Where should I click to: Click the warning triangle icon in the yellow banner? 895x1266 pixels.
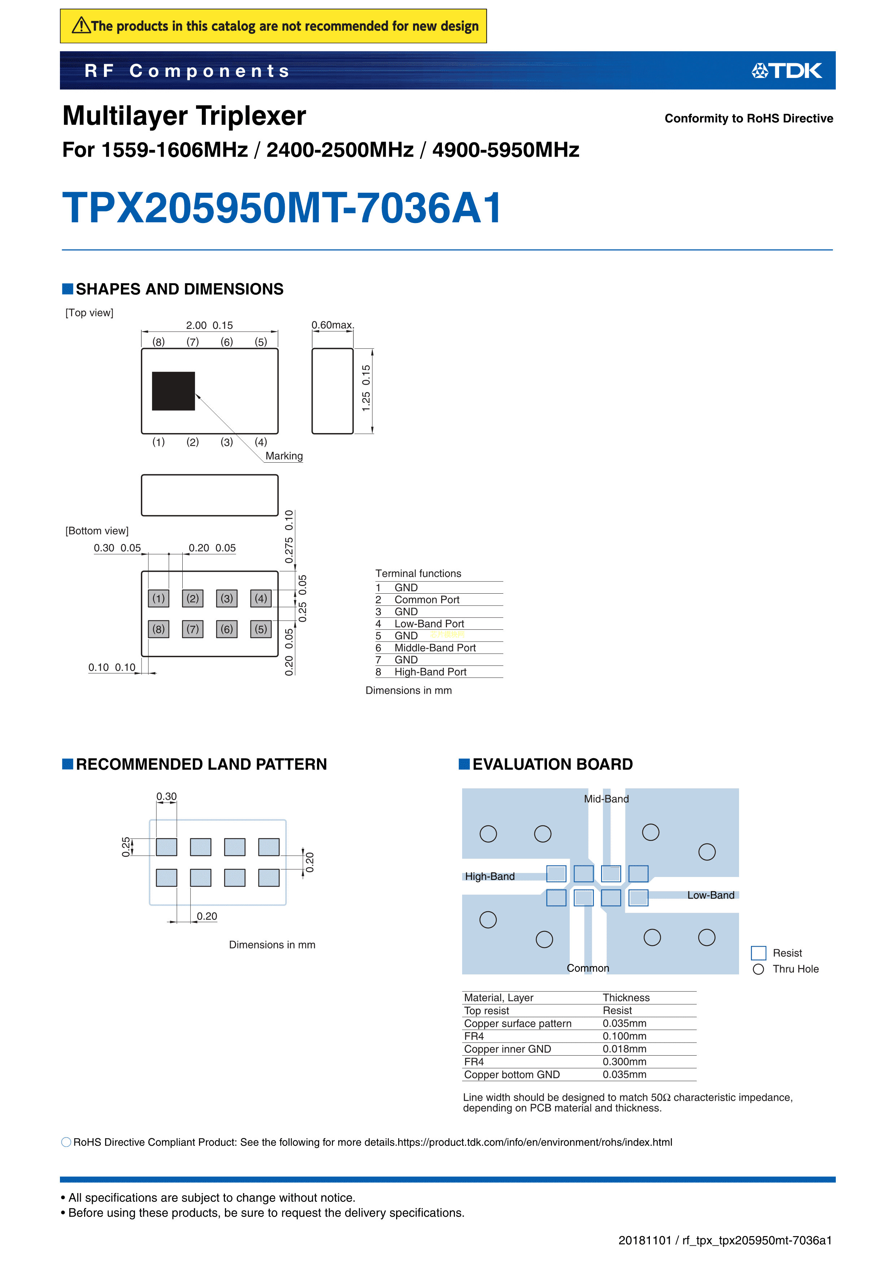pyautogui.click(x=81, y=25)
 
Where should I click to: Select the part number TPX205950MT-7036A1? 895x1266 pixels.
pyautogui.click(x=282, y=208)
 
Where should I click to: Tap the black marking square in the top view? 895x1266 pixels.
pyautogui.click(x=173, y=391)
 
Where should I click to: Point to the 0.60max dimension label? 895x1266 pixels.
pyautogui.click(x=332, y=325)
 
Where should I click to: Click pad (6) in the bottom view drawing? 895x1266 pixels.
pyautogui.click(x=227, y=629)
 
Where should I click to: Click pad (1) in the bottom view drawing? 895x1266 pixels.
pyautogui.click(x=158, y=598)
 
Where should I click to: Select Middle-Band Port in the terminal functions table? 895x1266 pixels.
pyautogui.click(x=435, y=648)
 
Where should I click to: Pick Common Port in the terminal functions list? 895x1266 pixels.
pyautogui.click(x=427, y=600)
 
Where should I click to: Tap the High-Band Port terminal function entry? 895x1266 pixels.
pyautogui.click(x=430, y=672)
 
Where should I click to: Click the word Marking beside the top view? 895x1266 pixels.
pyautogui.click(x=284, y=456)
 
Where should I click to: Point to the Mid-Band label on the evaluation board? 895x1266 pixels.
pyautogui.click(x=606, y=799)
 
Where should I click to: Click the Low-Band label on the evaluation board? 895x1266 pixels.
pyautogui.click(x=710, y=895)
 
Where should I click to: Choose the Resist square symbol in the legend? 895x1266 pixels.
pyautogui.click(x=758, y=953)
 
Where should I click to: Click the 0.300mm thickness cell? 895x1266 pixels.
pyautogui.click(x=624, y=1062)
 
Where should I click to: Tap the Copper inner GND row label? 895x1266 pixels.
pyautogui.click(x=507, y=1049)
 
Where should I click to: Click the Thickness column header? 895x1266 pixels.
pyautogui.click(x=626, y=998)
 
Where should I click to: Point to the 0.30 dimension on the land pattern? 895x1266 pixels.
pyautogui.click(x=166, y=796)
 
